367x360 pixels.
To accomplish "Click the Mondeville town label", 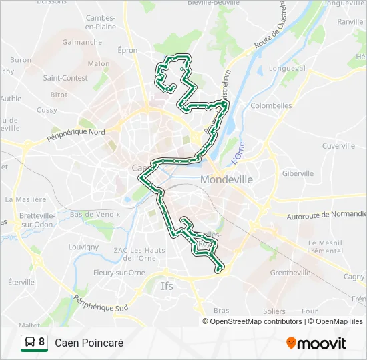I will [x=226, y=180].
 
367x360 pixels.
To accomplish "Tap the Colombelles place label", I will [x=271, y=105].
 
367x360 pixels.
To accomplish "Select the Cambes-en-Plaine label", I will [x=101, y=23].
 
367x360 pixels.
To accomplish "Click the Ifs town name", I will [x=167, y=287].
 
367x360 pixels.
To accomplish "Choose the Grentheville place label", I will [x=290, y=273].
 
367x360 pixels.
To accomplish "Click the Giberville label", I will [x=298, y=173].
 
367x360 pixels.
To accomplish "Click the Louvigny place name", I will [x=83, y=247].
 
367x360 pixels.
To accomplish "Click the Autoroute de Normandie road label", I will [x=326, y=215].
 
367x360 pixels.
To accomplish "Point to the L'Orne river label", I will [x=238, y=154].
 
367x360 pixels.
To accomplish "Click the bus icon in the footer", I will [x=29, y=343].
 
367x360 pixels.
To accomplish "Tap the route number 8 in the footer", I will [x=42, y=343].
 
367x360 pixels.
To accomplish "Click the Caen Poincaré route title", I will [x=89, y=343].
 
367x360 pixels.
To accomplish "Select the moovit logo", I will [x=316, y=343].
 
